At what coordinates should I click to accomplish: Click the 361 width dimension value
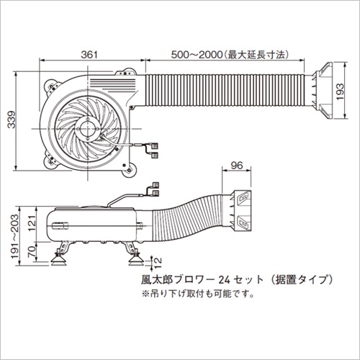click(89, 55)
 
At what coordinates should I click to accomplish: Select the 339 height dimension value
click(11, 120)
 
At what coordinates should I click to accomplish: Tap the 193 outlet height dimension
click(340, 91)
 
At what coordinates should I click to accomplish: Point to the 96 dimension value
click(237, 166)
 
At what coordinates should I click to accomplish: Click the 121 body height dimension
click(32, 222)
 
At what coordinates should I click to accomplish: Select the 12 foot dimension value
click(157, 263)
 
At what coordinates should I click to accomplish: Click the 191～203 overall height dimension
click(14, 237)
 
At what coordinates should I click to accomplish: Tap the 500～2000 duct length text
click(197, 55)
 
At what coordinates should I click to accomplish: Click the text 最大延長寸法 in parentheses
click(257, 55)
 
